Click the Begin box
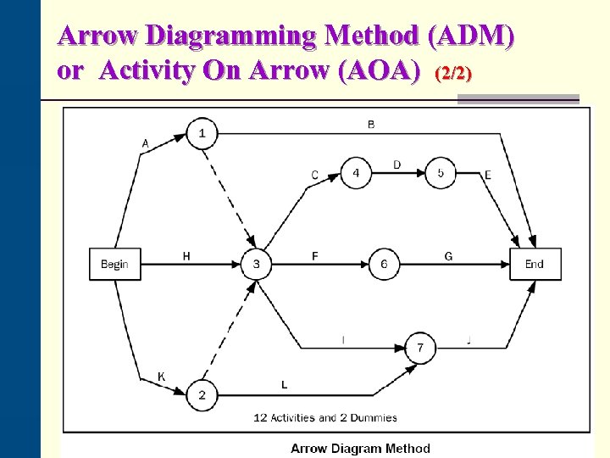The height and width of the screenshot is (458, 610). pyautogui.click(x=114, y=264)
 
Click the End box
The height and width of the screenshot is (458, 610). pyautogui.click(x=535, y=264)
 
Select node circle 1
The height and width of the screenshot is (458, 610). pyautogui.click(x=202, y=133)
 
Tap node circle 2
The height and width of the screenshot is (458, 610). pyautogui.click(x=202, y=395)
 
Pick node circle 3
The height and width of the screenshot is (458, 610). pyautogui.click(x=257, y=264)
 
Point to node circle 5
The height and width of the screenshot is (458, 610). pyautogui.click(x=441, y=173)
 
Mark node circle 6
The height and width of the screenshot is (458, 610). pyautogui.click(x=384, y=264)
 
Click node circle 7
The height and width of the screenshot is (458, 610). pyautogui.click(x=421, y=348)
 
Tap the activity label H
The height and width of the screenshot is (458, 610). pyautogui.click(x=186, y=255)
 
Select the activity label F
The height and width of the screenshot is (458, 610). pyautogui.click(x=315, y=255)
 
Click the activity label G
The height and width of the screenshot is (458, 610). pyautogui.click(x=448, y=255)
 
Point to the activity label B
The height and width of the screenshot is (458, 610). pyautogui.click(x=371, y=125)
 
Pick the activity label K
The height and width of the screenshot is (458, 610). pyautogui.click(x=161, y=377)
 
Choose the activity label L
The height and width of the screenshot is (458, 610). pyautogui.click(x=284, y=385)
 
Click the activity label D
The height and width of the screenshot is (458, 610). pyautogui.click(x=397, y=165)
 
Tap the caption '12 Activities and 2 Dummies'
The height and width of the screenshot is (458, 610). pyautogui.click(x=325, y=417)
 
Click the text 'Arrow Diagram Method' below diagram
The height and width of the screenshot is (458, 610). pyautogui.click(x=360, y=449)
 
